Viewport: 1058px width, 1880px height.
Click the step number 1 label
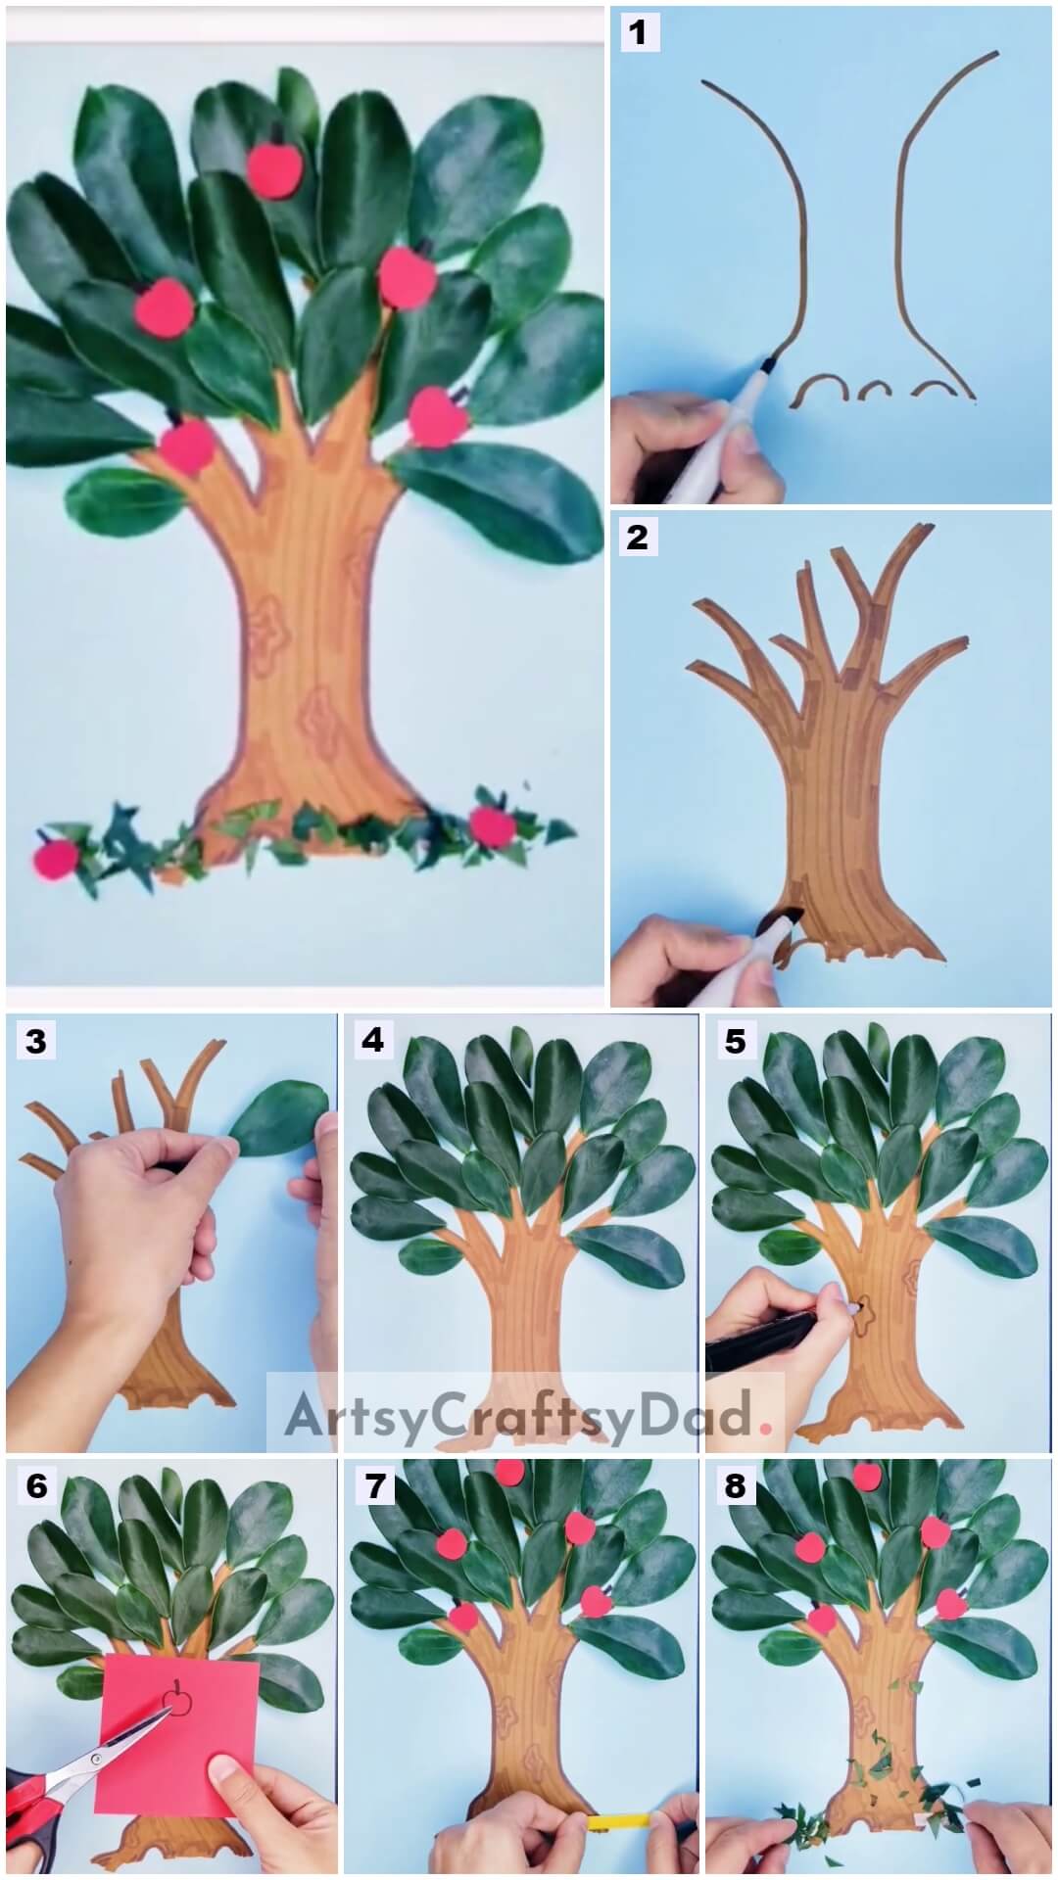pyautogui.click(x=638, y=32)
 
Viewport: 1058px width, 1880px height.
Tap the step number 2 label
pyautogui.click(x=638, y=537)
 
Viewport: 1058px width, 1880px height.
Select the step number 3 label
pyautogui.click(x=36, y=1041)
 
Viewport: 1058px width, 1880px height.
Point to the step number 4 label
pyautogui.click(x=373, y=1041)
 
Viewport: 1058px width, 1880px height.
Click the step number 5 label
pyautogui.click(x=736, y=1041)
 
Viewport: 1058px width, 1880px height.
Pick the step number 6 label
pyautogui.click(x=36, y=1486)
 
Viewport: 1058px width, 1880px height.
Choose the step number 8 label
pyautogui.click(x=736, y=1486)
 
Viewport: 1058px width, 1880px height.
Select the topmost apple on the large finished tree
pyautogui.click(x=273, y=168)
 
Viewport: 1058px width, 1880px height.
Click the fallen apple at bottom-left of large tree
pyautogui.click(x=56, y=859)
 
